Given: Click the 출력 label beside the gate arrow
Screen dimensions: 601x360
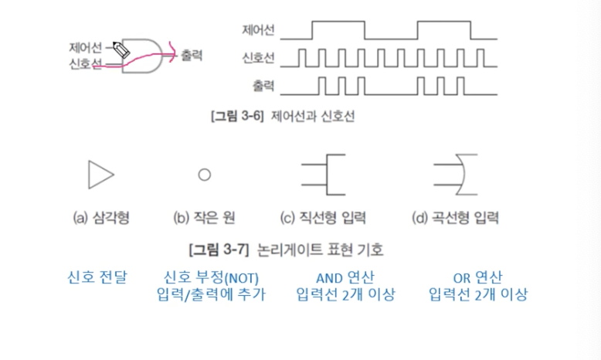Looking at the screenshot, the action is click(x=191, y=56).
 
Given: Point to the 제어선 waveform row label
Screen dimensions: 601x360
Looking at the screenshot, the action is click(x=260, y=32).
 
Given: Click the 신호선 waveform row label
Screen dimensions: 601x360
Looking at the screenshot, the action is click(x=260, y=58).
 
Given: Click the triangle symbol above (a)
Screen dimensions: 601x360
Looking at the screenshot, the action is click(x=100, y=174).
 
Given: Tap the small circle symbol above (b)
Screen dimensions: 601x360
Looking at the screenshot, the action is click(x=204, y=175).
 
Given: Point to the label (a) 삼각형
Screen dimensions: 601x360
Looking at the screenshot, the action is click(x=100, y=217).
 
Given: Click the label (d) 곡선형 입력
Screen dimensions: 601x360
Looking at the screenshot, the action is click(x=457, y=217).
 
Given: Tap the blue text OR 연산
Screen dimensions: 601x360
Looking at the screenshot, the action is click(x=478, y=277).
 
